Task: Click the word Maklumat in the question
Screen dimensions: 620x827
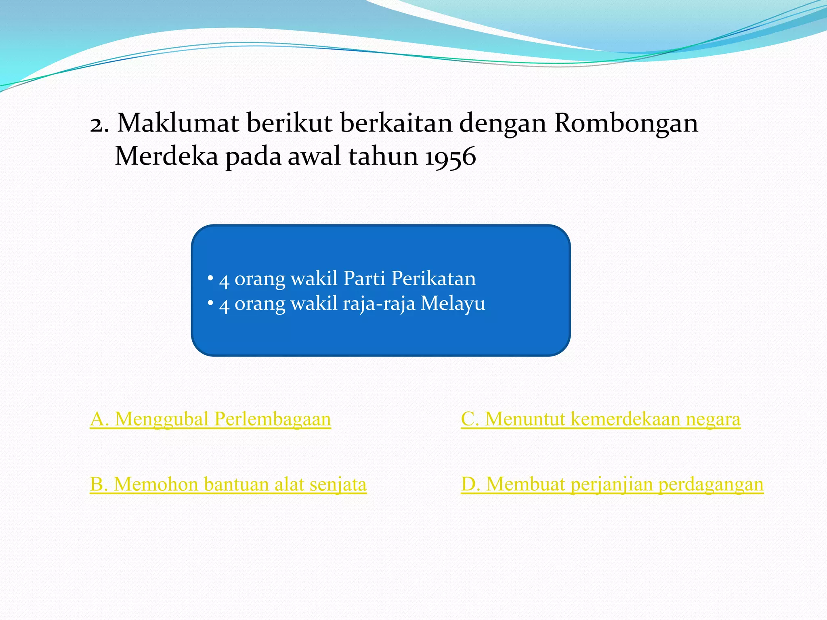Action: coord(178,123)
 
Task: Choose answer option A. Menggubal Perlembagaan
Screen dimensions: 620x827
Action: coord(210,419)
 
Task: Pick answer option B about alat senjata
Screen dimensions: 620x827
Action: coord(228,484)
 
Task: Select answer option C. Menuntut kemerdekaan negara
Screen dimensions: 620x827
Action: coord(600,419)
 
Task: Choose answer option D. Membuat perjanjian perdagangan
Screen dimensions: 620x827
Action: coord(612,484)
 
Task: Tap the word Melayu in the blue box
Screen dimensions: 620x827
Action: coord(453,304)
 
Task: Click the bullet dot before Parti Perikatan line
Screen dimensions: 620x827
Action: coord(210,278)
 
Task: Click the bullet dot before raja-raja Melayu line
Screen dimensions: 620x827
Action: coord(210,303)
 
